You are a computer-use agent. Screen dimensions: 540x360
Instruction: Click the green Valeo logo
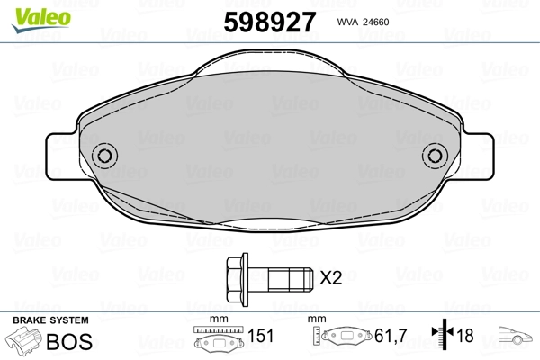coord(41,20)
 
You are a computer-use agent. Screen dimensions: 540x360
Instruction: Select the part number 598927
coord(270,22)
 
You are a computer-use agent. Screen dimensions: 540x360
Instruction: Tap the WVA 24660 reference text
coord(363,22)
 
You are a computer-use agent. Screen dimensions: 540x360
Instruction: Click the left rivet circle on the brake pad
coord(104,156)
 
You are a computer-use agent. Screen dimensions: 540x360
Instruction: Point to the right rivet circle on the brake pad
coord(435,156)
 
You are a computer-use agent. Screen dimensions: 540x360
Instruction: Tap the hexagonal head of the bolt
coord(235,279)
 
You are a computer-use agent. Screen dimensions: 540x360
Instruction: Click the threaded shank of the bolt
coord(291,279)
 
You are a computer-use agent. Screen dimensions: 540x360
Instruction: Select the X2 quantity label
coord(330,278)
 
